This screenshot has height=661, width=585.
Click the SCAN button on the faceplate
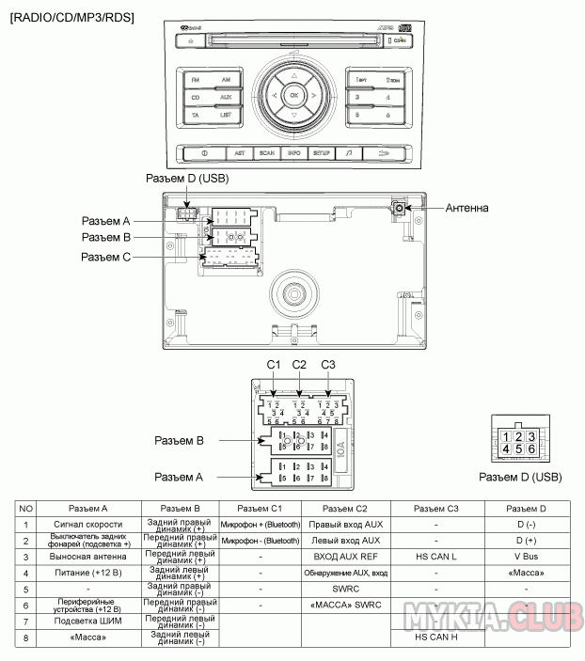[x=267, y=152]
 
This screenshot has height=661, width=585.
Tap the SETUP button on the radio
[x=322, y=152]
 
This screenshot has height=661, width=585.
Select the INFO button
[x=294, y=152]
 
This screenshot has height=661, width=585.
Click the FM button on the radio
[x=196, y=80]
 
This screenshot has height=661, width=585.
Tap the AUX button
[x=226, y=98]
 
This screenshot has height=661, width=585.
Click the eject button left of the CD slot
[x=191, y=41]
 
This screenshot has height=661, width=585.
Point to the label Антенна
[x=466, y=208]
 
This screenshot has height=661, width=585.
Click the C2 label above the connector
[x=299, y=364]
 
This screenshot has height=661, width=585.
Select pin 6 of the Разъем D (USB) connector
[x=531, y=449]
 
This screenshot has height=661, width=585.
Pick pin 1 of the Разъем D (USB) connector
[x=507, y=436]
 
